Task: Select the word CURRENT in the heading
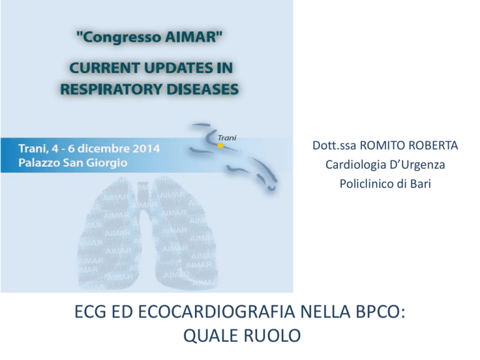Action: [104, 67]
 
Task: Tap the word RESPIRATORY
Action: [111, 89]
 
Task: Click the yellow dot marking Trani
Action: [221, 146]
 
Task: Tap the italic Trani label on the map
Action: [227, 137]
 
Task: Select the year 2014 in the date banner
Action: [146, 149]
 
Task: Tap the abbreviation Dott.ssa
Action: [334, 146]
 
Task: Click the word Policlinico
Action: [367, 184]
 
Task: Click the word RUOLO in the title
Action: [272, 336]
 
